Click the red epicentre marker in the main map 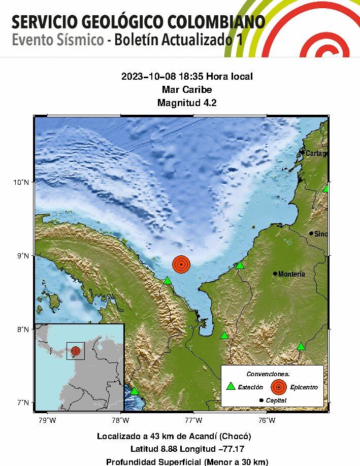[181, 264]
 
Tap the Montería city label [292, 274]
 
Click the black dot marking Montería [275, 274]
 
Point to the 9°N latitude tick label [24, 256]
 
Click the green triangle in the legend [231, 386]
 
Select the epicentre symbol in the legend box [278, 387]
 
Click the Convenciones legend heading [272, 374]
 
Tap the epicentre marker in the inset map [76, 350]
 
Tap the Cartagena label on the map [316, 153]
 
